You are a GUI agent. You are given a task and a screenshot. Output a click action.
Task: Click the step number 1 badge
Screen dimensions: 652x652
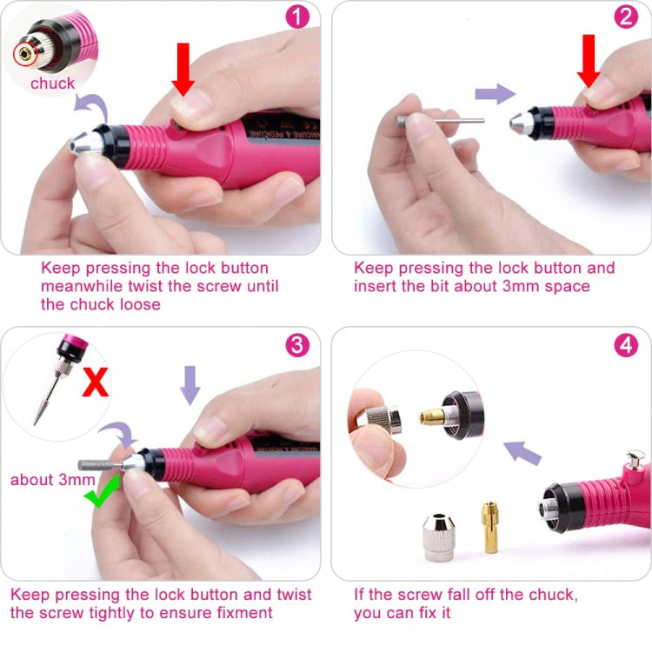coord(296,18)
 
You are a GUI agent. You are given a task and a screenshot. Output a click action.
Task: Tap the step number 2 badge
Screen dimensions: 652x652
coord(626,18)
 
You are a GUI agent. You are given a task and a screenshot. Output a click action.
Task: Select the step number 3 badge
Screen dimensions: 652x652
coord(296,345)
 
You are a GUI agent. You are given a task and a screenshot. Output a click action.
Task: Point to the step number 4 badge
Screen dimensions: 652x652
coord(626,345)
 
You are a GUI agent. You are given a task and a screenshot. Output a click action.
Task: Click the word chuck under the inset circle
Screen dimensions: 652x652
coord(52,83)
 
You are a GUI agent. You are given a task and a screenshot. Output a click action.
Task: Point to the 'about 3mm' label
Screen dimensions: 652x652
coord(52,479)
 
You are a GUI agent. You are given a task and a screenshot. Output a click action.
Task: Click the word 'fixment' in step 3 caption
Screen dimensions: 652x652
coord(245,613)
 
